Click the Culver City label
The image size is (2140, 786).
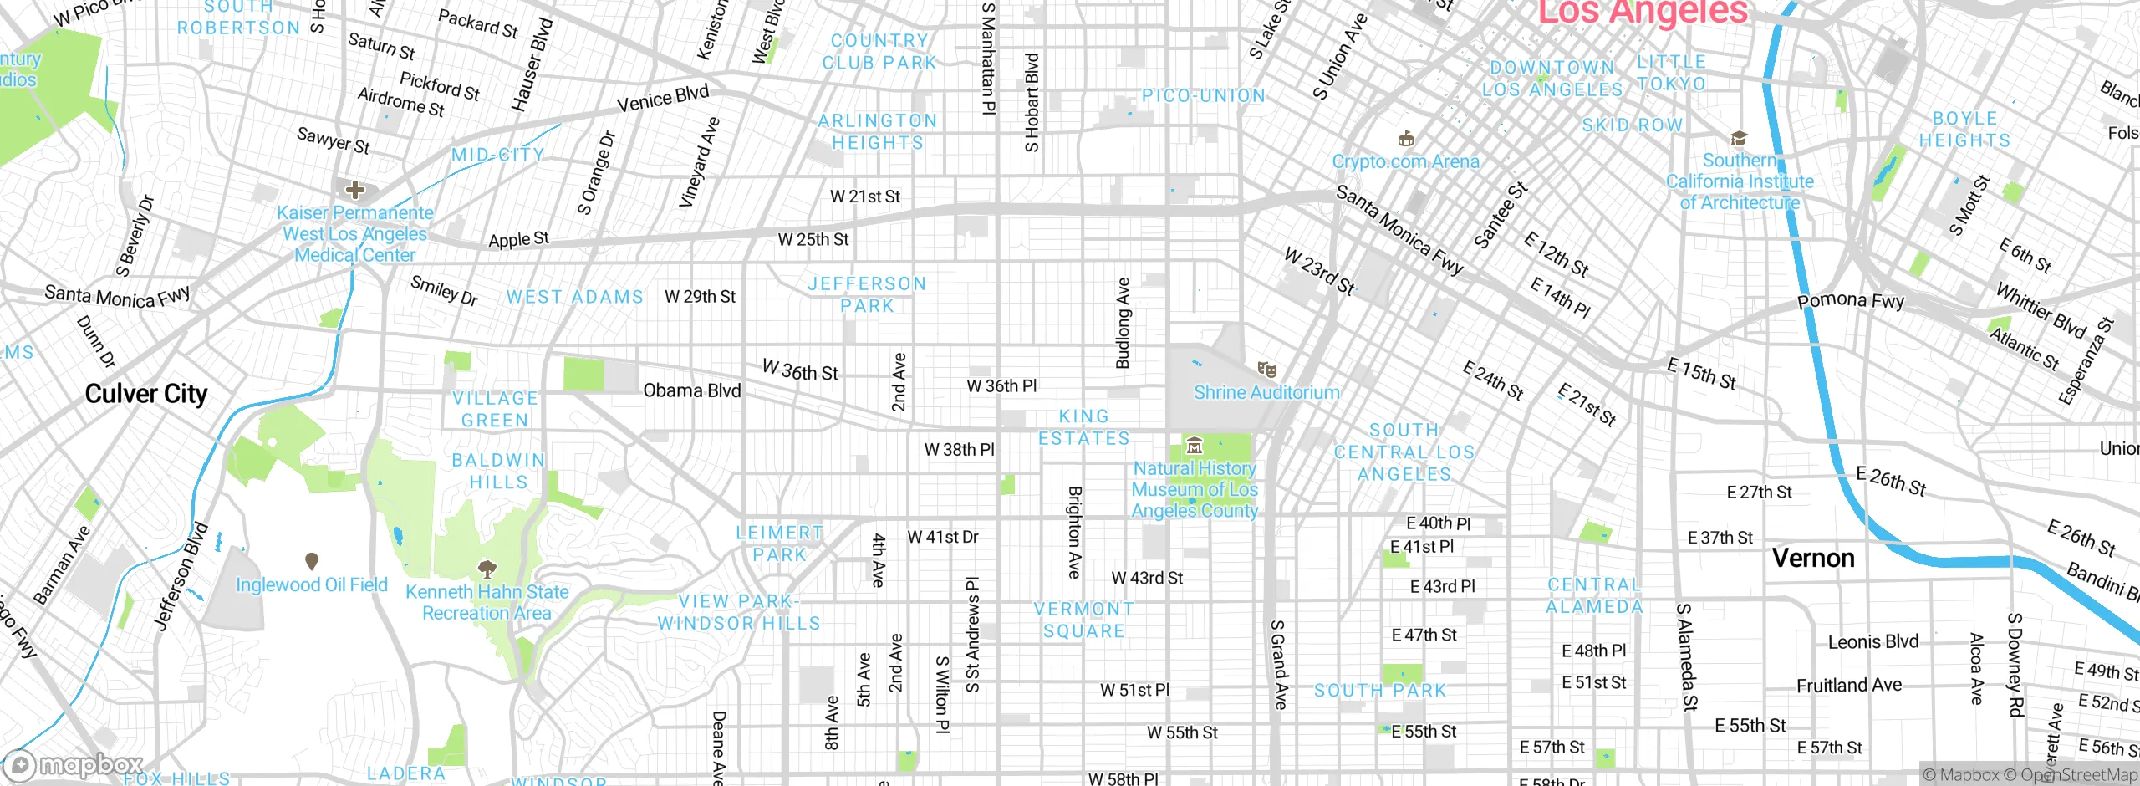(146, 394)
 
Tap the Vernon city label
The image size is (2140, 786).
(1812, 559)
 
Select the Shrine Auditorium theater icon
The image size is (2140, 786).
(1266, 369)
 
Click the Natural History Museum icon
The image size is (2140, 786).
(1195, 446)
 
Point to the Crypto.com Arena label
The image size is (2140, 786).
(1405, 161)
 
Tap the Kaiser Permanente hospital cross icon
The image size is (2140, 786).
(355, 190)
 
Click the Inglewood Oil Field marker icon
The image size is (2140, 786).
(312, 561)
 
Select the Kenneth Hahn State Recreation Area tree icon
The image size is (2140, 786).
(487, 569)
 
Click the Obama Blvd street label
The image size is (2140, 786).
(691, 390)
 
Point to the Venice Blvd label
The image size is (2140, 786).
(662, 99)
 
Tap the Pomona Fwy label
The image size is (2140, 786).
(1851, 300)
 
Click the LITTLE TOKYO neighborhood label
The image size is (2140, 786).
(1671, 73)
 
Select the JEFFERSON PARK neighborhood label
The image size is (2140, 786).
(867, 295)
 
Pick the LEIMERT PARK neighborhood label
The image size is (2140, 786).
(779, 544)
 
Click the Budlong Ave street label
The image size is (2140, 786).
(1123, 323)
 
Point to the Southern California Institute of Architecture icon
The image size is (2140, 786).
(1739, 138)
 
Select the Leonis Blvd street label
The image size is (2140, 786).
(1872, 642)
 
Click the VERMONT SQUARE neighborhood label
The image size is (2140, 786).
(1083, 620)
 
